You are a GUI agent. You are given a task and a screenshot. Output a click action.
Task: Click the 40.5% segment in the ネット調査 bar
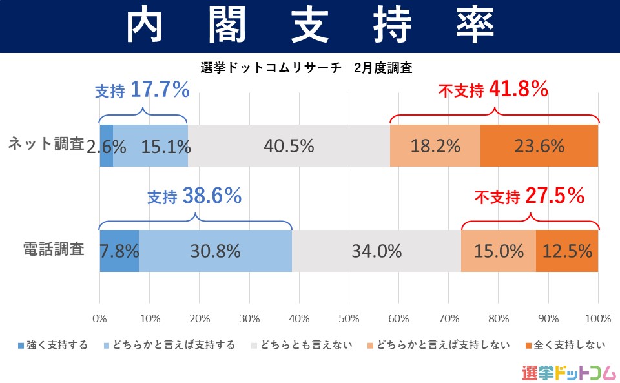pos(289,146)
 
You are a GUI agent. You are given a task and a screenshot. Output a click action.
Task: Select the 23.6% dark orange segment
pos(539,146)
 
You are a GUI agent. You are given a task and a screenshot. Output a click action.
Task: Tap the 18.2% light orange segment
pos(435,146)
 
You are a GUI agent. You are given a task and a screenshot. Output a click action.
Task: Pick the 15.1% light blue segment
pos(150,146)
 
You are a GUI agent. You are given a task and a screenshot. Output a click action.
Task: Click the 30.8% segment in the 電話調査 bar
pos(215,251)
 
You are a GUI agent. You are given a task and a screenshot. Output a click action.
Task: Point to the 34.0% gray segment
pos(377,251)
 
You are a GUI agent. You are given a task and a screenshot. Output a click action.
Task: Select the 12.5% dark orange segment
pos(567,251)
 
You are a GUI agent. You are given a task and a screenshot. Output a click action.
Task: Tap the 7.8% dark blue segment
pos(119,251)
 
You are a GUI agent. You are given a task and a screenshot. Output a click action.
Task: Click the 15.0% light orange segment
pos(499,251)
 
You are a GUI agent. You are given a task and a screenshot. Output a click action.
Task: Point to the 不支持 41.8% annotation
pos(493,90)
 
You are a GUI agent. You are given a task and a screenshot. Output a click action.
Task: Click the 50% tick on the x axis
pos(349,318)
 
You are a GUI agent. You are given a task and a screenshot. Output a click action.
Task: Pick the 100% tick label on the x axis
pos(597,318)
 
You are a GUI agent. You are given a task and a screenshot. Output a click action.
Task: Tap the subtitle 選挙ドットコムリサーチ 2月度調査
pos(306,67)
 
